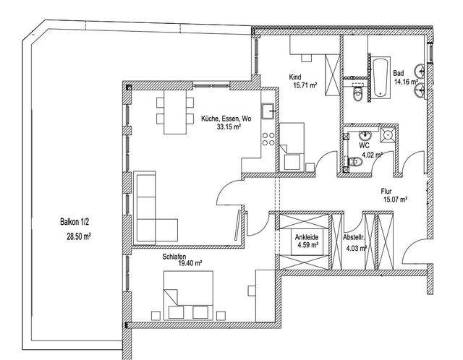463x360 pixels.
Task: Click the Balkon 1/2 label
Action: pos(74,222)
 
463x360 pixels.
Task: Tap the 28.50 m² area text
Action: pos(79,236)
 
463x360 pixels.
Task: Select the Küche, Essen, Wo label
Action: pos(226,119)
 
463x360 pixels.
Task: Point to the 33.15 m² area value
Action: pos(229,127)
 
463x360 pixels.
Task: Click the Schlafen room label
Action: pos(174,257)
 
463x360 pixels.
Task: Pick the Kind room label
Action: pos(295,77)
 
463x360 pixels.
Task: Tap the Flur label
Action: pos(386,192)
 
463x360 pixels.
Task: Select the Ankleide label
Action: pos(307,237)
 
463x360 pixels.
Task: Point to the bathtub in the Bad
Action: pos(381,78)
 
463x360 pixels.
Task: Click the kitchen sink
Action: pos(268,111)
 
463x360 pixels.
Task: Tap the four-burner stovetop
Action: pos(268,139)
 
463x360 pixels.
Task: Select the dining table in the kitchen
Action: pos(175,112)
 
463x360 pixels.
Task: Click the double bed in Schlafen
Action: pos(188,295)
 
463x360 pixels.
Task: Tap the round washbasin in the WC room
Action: pos(365,135)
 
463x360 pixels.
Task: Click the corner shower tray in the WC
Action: pos(387,135)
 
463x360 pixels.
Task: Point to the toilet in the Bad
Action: pos(357,94)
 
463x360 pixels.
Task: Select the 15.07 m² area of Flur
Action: pos(396,200)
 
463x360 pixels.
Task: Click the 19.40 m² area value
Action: pos(190,263)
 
